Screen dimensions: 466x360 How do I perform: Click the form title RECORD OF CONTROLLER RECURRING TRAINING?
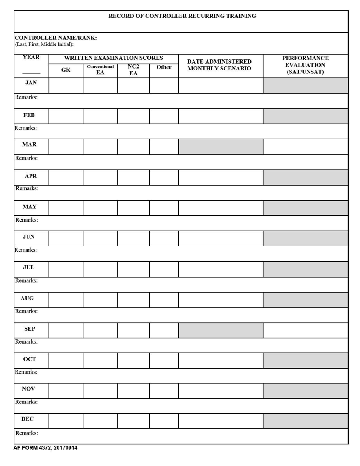click(x=182, y=16)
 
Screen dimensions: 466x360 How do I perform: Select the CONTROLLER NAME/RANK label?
click(x=56, y=38)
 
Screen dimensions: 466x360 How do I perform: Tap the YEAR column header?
click(x=31, y=58)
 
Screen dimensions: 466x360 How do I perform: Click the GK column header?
click(x=66, y=70)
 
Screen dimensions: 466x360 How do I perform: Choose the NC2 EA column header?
click(x=133, y=70)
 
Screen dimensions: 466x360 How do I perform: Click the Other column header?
click(x=164, y=67)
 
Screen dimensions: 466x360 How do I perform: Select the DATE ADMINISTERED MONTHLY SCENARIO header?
click(x=220, y=65)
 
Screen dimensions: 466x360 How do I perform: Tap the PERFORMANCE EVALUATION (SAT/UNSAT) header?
click(x=305, y=65)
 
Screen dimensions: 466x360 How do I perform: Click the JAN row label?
click(x=31, y=83)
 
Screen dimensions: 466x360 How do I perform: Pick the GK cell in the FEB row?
click(x=66, y=116)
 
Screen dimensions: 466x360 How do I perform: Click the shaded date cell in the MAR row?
click(x=221, y=147)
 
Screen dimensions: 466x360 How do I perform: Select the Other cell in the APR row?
click(x=164, y=177)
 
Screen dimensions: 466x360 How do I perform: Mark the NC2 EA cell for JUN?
click(x=133, y=238)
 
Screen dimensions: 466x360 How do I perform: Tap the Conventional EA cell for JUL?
click(x=100, y=269)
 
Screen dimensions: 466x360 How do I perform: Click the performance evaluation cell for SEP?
click(x=305, y=330)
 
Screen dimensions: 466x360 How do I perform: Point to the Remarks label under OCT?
click(x=26, y=372)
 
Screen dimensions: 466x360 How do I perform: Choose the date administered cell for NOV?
click(x=221, y=391)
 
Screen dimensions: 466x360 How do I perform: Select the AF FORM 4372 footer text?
click(x=45, y=448)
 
